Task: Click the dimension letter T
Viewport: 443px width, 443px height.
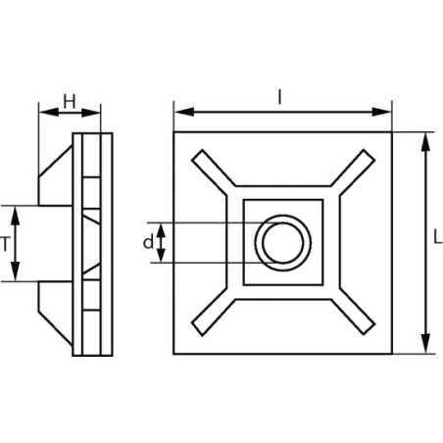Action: (x=8, y=244)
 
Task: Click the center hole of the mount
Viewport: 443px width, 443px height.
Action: (x=282, y=241)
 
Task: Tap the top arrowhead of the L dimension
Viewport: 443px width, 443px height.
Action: (x=424, y=138)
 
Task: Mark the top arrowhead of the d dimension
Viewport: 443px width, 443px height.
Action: (x=163, y=227)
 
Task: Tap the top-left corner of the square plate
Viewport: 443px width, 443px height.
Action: (x=174, y=131)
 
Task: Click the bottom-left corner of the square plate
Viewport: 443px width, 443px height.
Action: (x=174, y=353)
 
